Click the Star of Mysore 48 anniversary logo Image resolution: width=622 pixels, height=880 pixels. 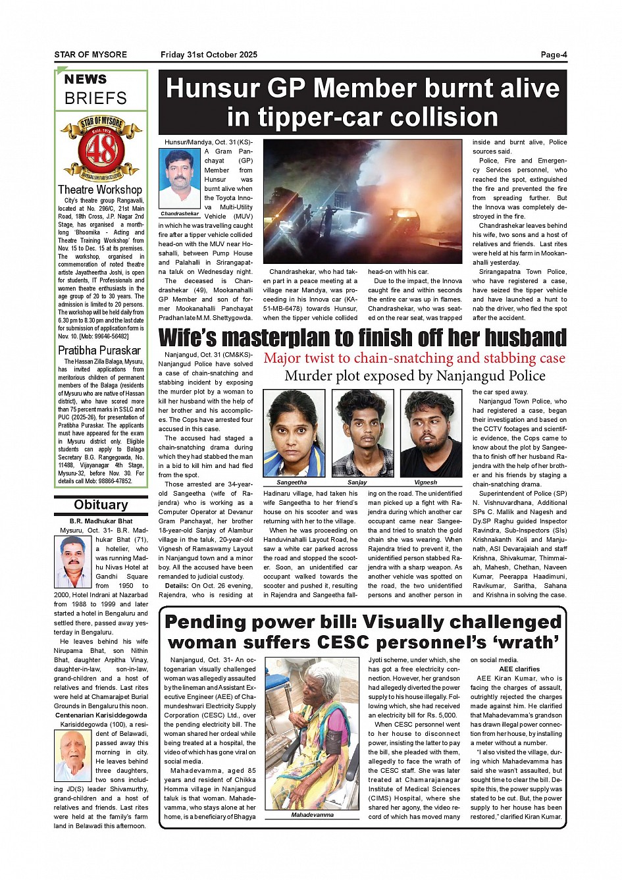tap(101, 149)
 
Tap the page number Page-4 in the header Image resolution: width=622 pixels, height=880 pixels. tap(554, 55)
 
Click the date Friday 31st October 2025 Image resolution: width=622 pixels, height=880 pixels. tap(209, 55)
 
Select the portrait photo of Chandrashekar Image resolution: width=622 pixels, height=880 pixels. tap(180, 180)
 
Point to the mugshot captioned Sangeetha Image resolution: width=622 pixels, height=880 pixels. tap(294, 433)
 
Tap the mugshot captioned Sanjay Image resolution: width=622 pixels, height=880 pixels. tap(357, 433)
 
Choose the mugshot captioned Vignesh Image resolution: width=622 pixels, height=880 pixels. tap(430, 433)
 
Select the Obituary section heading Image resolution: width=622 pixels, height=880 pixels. tap(101, 505)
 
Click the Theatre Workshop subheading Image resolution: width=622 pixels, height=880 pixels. tap(100, 190)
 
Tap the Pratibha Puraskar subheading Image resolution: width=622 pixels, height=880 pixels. tap(99, 350)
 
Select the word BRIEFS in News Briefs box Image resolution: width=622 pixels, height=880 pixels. tap(95, 98)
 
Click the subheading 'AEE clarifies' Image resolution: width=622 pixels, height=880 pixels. tap(519, 669)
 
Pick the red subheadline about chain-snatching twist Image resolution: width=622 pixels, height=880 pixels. tap(414, 358)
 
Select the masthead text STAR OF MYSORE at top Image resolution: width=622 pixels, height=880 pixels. tap(90, 55)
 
